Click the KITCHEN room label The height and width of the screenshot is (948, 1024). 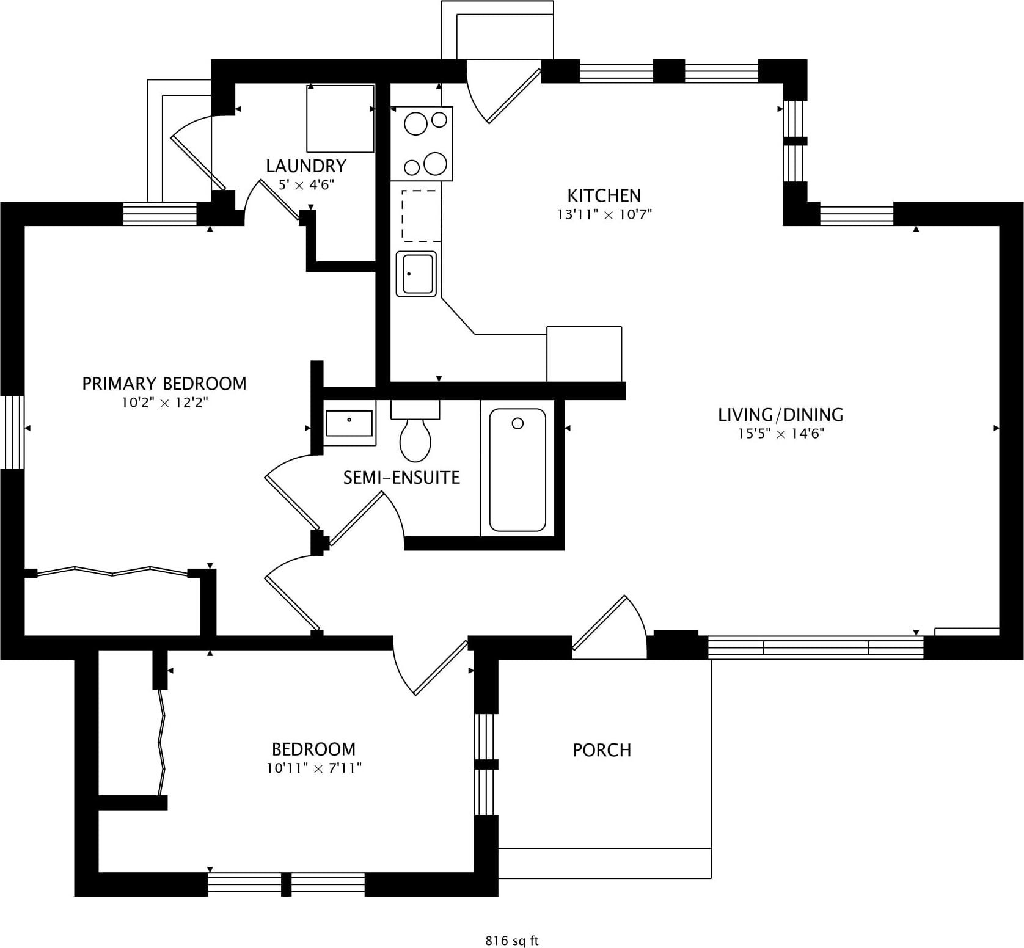[x=604, y=195]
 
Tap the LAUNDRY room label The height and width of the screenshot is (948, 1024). [x=306, y=166]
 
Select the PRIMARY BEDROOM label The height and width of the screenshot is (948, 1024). [x=164, y=384]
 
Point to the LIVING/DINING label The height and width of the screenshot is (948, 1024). [x=780, y=415]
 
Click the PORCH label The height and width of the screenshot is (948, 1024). [x=602, y=750]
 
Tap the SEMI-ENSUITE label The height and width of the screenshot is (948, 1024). [x=401, y=478]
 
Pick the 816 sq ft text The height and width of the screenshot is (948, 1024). [x=512, y=941]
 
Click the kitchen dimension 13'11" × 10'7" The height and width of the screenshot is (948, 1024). [x=604, y=214]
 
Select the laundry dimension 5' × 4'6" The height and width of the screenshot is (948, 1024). [x=306, y=184]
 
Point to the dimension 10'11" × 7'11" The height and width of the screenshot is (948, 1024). [x=314, y=768]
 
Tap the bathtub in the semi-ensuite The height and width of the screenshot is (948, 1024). [x=517, y=470]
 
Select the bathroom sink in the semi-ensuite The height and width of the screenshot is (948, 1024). [x=349, y=423]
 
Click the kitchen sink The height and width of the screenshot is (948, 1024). [x=417, y=274]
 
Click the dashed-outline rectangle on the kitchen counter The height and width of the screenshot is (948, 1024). [x=421, y=216]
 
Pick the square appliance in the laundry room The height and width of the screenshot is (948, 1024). [x=340, y=119]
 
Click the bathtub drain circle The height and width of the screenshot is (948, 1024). [x=517, y=423]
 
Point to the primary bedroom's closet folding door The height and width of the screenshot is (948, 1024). [x=112, y=572]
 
